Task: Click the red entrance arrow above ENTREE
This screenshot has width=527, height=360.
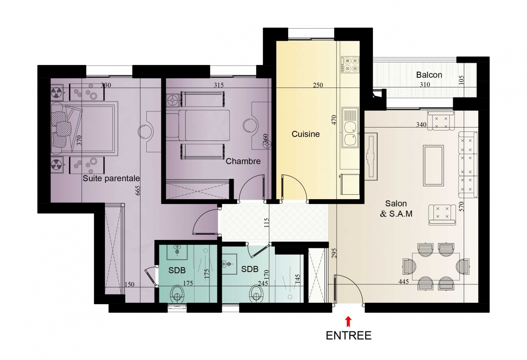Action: click(x=348, y=322)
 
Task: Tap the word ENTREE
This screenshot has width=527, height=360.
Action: click(x=349, y=336)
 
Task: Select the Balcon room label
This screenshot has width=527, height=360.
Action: click(x=429, y=75)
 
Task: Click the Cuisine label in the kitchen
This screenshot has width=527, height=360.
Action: click(x=306, y=134)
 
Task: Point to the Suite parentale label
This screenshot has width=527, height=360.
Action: click(x=111, y=178)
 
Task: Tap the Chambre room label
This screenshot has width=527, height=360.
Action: click(x=243, y=161)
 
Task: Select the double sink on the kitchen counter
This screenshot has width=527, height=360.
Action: click(x=350, y=128)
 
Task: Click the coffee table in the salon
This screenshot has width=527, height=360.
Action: click(x=433, y=166)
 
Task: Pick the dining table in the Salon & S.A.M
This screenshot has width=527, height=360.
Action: click(x=436, y=266)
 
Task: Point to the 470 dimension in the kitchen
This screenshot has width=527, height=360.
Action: click(x=334, y=120)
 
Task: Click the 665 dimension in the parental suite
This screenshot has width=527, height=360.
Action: click(x=137, y=190)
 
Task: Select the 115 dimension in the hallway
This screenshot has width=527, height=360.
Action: click(x=266, y=223)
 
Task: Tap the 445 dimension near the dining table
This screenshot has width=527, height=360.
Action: click(x=404, y=281)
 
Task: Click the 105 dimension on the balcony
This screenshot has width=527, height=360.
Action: click(x=461, y=80)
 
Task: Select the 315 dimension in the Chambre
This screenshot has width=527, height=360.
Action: click(x=219, y=85)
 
